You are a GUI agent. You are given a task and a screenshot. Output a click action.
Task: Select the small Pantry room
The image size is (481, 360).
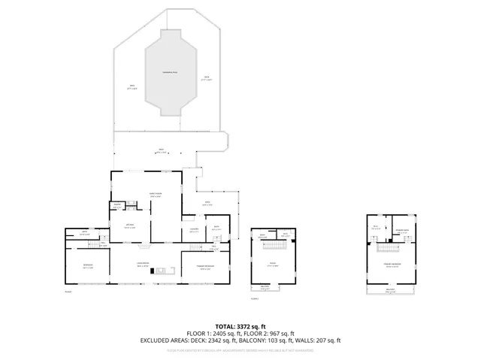click(x=118, y=206)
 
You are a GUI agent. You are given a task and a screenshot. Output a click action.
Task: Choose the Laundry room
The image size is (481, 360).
click(x=193, y=231)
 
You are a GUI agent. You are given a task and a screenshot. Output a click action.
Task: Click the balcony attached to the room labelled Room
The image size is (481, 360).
click(x=265, y=287)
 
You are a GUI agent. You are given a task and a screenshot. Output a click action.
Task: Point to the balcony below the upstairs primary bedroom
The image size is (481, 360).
click(x=390, y=290)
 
